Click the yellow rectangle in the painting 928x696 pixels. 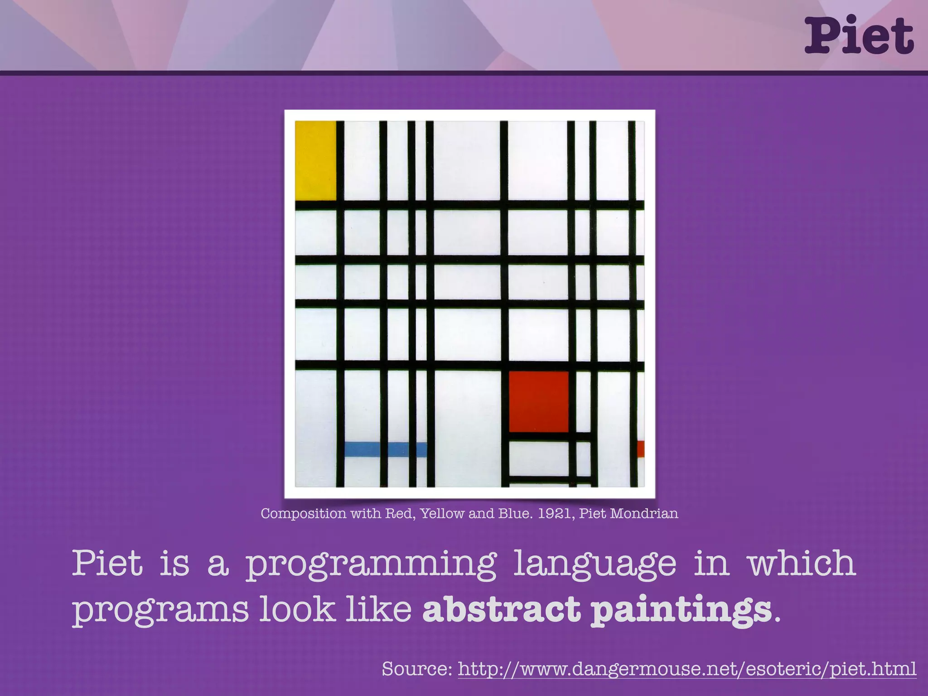(x=316, y=160)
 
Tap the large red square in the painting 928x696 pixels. (x=538, y=401)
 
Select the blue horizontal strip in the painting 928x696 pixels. (x=385, y=449)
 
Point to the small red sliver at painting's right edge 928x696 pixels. (x=640, y=449)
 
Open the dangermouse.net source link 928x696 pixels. (x=687, y=669)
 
